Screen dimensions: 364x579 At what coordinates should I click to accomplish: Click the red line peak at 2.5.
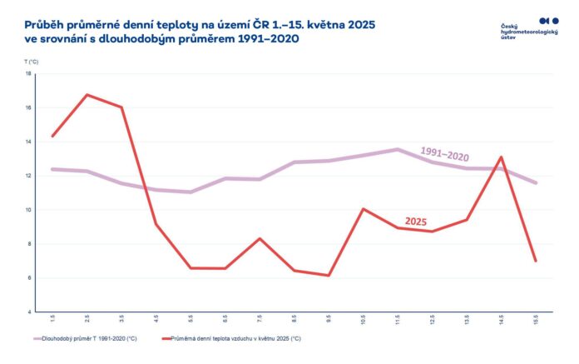[87, 95]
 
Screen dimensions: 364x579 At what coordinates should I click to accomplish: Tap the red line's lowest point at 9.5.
[329, 276]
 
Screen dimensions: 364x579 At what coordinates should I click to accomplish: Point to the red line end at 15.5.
[536, 261]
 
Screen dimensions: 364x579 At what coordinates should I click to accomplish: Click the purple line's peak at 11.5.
[398, 149]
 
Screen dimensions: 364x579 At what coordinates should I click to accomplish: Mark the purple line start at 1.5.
[52, 169]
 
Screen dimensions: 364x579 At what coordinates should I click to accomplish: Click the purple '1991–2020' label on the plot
[444, 153]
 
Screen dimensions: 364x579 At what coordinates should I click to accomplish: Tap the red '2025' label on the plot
[416, 222]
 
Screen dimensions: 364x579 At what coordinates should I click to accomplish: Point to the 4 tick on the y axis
[29, 312]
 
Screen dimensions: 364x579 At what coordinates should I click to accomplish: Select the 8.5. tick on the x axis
[294, 320]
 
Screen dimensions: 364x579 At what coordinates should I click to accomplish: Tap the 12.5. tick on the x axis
[432, 320]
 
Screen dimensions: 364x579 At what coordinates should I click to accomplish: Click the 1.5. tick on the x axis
[52, 320]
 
